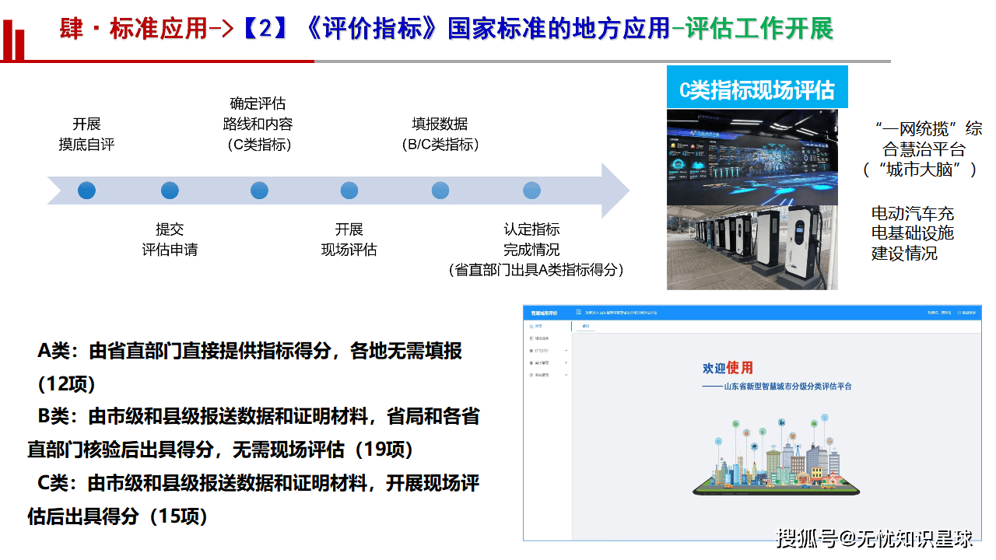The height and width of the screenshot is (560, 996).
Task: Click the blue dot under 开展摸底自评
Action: pyautogui.click(x=86, y=190)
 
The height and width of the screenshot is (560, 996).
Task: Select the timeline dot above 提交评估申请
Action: pyautogui.click(x=170, y=190)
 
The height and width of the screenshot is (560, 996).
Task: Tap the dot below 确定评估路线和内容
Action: pyautogui.click(x=259, y=190)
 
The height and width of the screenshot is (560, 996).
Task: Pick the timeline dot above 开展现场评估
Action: pyautogui.click(x=349, y=190)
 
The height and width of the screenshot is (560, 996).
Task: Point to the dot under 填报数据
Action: pyautogui.click(x=440, y=190)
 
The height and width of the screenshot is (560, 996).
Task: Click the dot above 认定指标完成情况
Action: pyautogui.click(x=531, y=190)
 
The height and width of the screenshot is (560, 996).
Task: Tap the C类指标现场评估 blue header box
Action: pyautogui.click(x=756, y=89)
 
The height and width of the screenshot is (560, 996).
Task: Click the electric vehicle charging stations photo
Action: pyautogui.click(x=752, y=247)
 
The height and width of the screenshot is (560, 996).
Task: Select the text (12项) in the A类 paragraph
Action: pyautogui.click(x=66, y=384)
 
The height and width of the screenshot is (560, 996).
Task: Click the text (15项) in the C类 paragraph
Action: pyautogui.click(x=179, y=516)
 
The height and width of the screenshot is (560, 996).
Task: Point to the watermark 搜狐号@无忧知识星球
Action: pyautogui.click(x=875, y=537)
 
